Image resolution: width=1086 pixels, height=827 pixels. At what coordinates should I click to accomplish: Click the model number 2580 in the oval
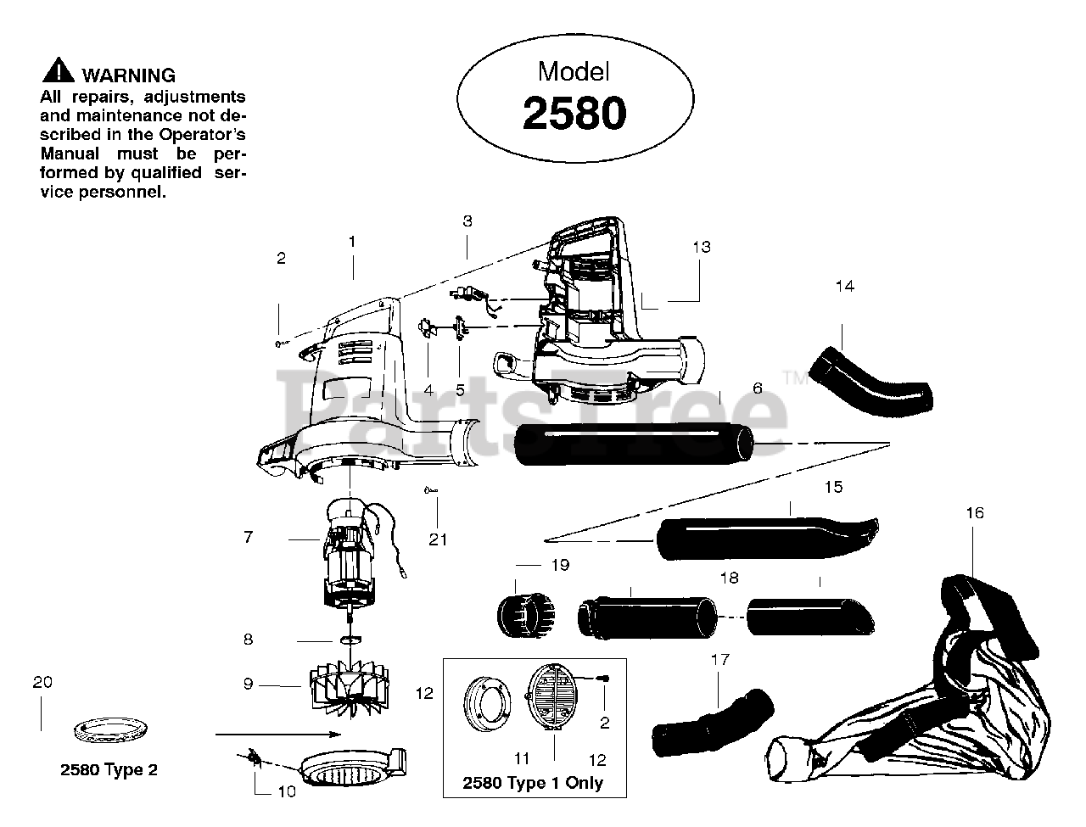[x=574, y=113]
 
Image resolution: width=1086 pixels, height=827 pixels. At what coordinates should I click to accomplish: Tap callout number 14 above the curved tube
[x=844, y=286]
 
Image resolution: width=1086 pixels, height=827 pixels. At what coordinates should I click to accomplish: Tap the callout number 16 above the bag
[x=975, y=512]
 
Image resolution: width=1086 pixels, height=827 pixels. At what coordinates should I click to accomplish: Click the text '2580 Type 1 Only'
[x=533, y=783]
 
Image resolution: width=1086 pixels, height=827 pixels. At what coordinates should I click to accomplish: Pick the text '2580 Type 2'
[x=109, y=770]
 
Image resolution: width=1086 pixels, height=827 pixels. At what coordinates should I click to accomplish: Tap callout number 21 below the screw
[x=438, y=539]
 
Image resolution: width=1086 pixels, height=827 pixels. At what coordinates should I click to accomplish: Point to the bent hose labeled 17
[x=713, y=720]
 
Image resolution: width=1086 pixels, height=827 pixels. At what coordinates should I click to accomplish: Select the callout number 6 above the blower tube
[x=757, y=388]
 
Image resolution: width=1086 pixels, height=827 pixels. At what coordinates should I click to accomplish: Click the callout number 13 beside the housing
[x=701, y=247]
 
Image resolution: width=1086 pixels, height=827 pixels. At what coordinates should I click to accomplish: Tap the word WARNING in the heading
[x=129, y=75]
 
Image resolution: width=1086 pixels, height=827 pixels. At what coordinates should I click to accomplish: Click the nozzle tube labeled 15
[x=764, y=536]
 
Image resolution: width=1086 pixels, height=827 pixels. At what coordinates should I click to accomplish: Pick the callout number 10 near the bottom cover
[x=287, y=791]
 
